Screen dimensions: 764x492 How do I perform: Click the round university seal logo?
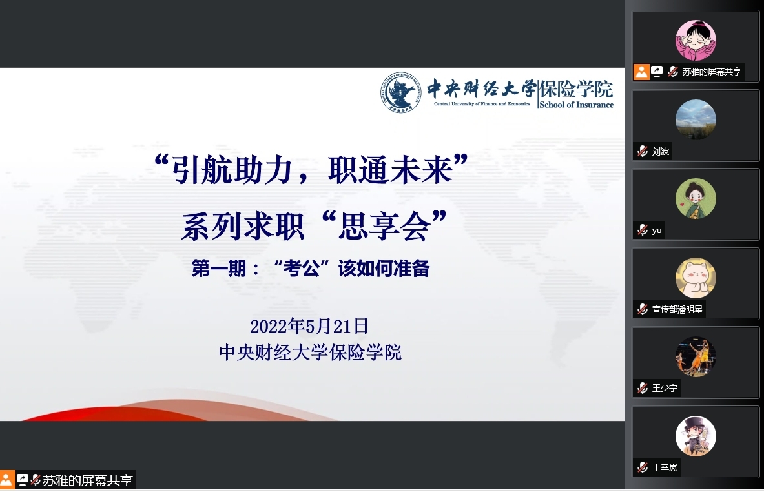(x=400, y=92)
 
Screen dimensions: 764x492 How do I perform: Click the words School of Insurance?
(x=577, y=105)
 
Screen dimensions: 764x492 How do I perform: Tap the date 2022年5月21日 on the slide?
(x=309, y=326)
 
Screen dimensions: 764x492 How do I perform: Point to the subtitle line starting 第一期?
(x=311, y=269)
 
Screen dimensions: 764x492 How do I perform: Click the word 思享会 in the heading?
(x=384, y=227)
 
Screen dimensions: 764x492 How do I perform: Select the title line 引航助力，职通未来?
(x=311, y=170)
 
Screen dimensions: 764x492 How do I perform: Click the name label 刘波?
(x=660, y=152)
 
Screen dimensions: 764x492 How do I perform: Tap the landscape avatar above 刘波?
(x=696, y=119)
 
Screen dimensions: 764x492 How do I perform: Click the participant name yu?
(x=657, y=231)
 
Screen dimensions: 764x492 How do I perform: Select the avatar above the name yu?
(x=696, y=198)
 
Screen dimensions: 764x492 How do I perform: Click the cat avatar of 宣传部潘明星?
(x=696, y=278)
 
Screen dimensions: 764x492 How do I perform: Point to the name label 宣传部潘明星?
(x=677, y=309)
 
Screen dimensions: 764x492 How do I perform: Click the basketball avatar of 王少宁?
(x=696, y=356)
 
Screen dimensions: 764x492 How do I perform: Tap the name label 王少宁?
(x=665, y=388)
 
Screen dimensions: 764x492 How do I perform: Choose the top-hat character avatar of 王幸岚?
(x=696, y=436)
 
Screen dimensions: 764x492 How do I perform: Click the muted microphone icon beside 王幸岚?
(x=643, y=467)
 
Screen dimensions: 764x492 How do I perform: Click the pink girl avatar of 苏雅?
(x=696, y=41)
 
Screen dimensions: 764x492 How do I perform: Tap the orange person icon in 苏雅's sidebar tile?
(x=641, y=72)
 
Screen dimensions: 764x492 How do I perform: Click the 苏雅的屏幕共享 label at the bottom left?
(x=87, y=481)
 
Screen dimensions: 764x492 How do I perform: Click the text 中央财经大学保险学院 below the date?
(x=311, y=352)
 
